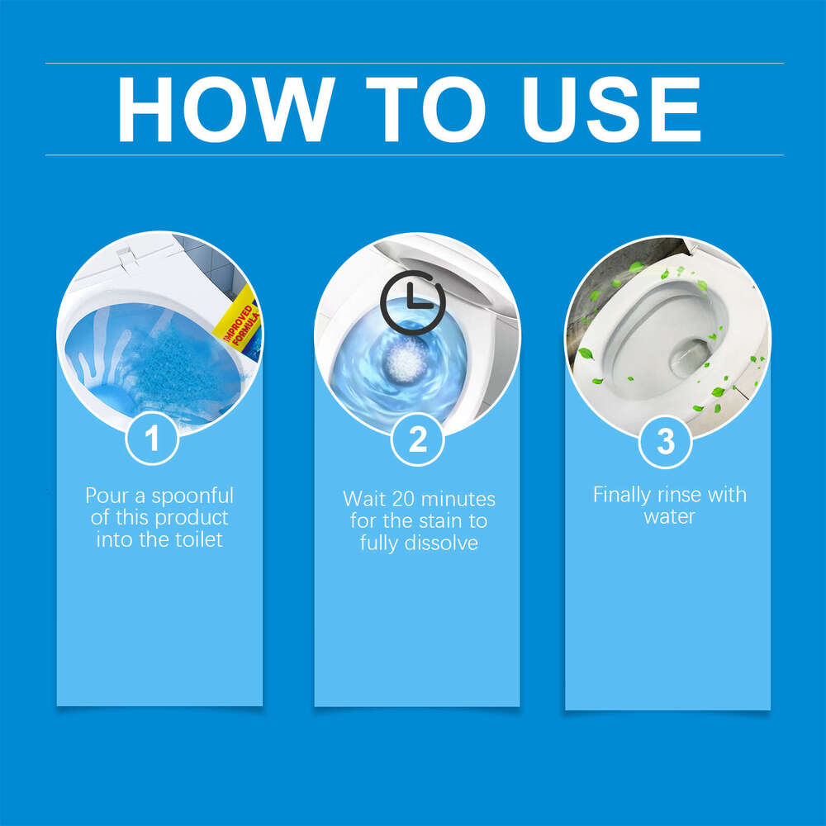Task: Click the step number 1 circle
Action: coord(152,439)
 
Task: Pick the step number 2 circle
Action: coord(418,440)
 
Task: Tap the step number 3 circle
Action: coord(666,440)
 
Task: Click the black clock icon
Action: coord(413,302)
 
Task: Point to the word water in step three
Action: coord(669,517)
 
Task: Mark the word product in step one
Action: coord(196,519)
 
